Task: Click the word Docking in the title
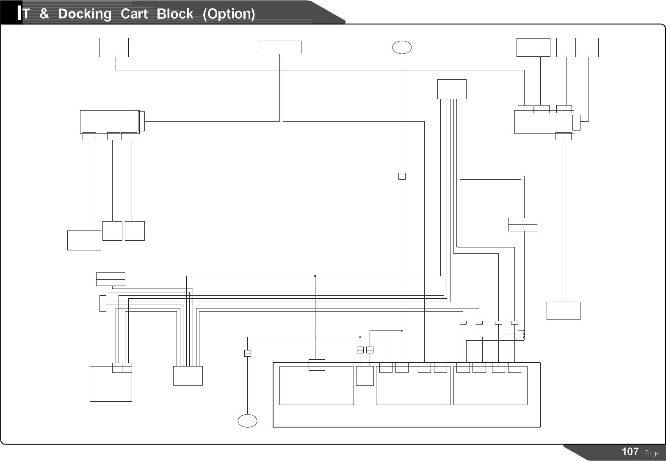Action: click(85, 14)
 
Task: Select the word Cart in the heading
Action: click(134, 14)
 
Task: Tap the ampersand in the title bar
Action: click(44, 14)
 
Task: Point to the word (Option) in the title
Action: click(229, 14)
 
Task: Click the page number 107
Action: click(630, 451)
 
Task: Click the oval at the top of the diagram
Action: click(402, 47)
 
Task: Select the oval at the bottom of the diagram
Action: click(248, 421)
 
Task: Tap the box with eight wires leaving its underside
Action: click(452, 89)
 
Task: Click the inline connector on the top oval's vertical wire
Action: click(402, 176)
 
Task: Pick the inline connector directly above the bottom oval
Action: click(248, 353)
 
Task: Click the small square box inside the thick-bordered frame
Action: click(365, 376)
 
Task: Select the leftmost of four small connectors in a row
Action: click(463, 322)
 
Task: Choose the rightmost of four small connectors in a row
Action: click(514, 322)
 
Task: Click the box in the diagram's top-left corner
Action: click(114, 47)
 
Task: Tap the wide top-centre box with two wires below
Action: click(280, 47)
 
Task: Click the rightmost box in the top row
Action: click(589, 47)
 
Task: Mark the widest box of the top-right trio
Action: click(533, 47)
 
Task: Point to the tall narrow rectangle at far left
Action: click(102, 303)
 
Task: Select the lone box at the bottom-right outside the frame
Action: click(563, 311)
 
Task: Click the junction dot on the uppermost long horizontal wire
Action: click(315, 276)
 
